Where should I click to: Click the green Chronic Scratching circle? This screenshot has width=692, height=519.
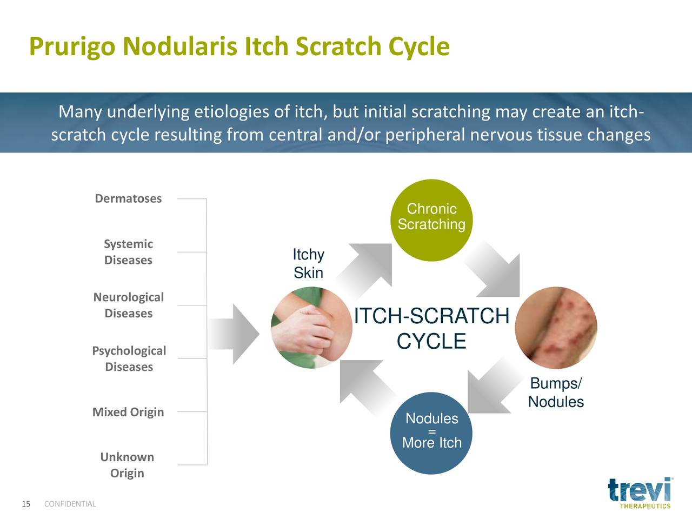click(x=431, y=220)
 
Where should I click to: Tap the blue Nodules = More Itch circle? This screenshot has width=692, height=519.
click(x=431, y=433)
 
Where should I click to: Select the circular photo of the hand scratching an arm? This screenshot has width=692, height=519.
click(x=311, y=328)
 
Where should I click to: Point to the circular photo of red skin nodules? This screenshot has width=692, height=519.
click(x=556, y=328)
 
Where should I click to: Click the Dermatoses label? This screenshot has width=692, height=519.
click(x=128, y=198)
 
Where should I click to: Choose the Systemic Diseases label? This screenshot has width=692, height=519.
click(x=128, y=252)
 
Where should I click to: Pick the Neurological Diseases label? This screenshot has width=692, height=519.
click(x=128, y=305)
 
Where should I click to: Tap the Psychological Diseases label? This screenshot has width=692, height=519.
click(x=129, y=358)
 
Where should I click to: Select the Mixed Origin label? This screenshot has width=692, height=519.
click(x=128, y=412)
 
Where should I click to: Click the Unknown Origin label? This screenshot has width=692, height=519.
click(x=127, y=465)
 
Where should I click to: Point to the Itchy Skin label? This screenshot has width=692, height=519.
click(x=308, y=263)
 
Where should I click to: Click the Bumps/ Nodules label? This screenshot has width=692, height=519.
click(x=556, y=392)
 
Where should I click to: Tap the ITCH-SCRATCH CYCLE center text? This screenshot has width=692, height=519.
click(x=431, y=328)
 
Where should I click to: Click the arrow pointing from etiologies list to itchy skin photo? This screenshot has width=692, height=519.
click(x=234, y=334)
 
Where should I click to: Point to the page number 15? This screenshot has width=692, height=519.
click(x=26, y=504)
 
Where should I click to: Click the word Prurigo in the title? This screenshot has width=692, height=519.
click(x=72, y=47)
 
